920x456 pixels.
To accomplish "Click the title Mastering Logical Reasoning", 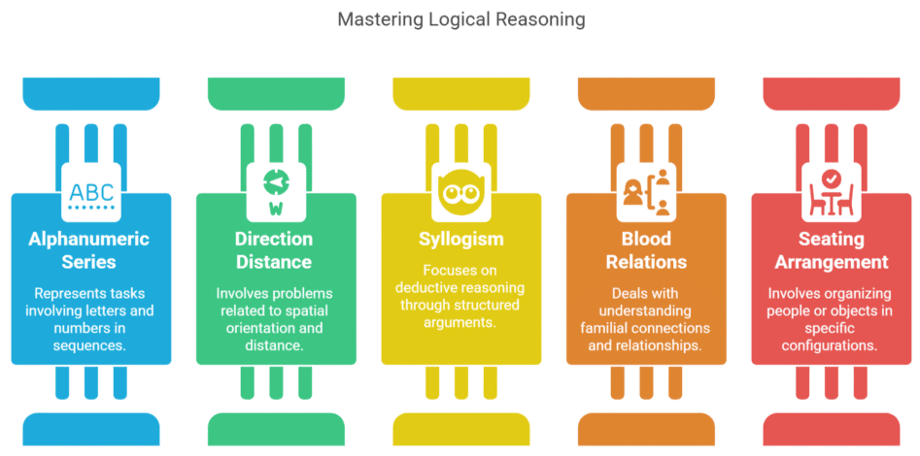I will click(461, 19).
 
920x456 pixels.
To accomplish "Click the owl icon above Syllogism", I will click(460, 190).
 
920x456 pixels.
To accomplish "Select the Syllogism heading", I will click(460, 238).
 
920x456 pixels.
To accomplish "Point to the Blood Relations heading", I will click(646, 249).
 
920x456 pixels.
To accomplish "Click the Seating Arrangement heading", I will click(831, 249).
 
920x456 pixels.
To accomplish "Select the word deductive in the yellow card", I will click(427, 288).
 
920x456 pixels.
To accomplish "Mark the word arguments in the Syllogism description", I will click(460, 322).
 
